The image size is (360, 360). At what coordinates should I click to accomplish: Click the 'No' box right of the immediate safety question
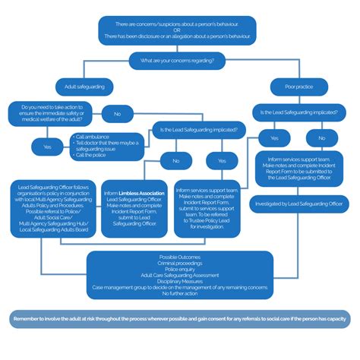[117, 114]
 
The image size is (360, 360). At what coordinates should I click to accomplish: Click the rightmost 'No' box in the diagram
[321, 138]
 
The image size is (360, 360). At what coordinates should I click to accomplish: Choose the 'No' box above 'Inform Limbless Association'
[177, 161]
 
